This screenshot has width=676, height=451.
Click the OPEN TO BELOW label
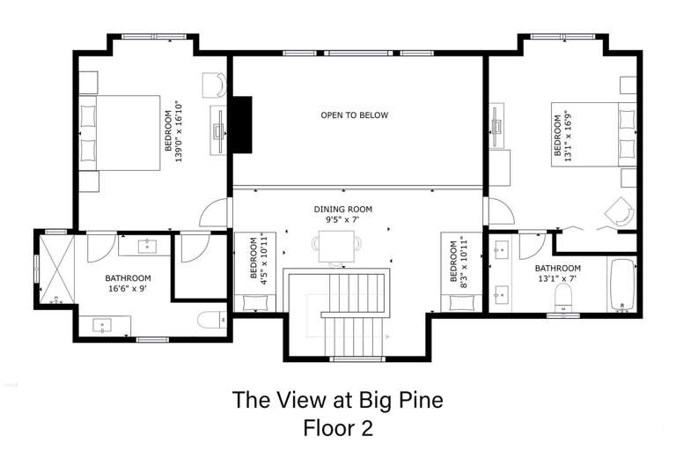pyautogui.click(x=355, y=115)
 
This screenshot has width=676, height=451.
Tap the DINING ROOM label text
pyautogui.click(x=342, y=210)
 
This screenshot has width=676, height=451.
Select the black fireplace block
pyautogui.click(x=242, y=124)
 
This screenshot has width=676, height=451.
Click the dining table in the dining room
pyautogui.click(x=336, y=247)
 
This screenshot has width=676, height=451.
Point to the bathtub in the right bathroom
pyautogui.click(x=622, y=284)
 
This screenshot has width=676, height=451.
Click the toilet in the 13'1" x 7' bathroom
pyautogui.click(x=563, y=298)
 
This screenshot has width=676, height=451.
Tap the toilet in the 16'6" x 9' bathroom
pyautogui.click(x=212, y=320)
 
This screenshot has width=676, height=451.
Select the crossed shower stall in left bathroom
pyautogui.click(x=57, y=269)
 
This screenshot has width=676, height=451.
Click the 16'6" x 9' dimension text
pyautogui.click(x=128, y=288)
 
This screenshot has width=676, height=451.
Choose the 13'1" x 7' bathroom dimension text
pyautogui.click(x=557, y=278)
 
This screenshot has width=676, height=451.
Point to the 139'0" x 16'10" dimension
pyautogui.click(x=179, y=131)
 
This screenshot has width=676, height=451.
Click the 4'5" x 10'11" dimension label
pyautogui.click(x=263, y=258)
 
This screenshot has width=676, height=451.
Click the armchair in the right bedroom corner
pyautogui.click(x=620, y=212)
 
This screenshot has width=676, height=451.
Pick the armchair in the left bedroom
pyautogui.click(x=215, y=85)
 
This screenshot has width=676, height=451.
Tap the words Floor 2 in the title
pyautogui.click(x=338, y=428)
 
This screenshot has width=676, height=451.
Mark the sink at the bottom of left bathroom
pyautogui.click(x=103, y=325)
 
